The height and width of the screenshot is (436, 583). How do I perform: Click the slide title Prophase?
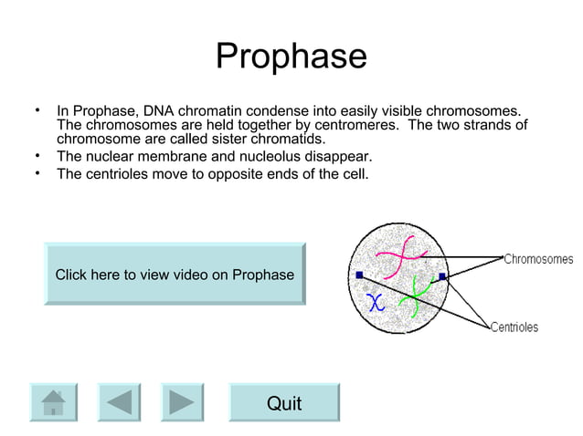pyautogui.click(x=291, y=57)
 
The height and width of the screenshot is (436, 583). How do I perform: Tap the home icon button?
pyautogui.click(x=54, y=401)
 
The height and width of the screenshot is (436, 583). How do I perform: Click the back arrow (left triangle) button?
pyautogui.click(x=119, y=401)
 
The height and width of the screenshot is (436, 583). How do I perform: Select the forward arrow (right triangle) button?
pyautogui.click(x=182, y=401)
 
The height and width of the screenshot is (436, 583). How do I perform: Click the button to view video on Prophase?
pyautogui.click(x=175, y=275)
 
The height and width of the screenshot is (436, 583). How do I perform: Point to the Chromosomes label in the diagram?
pyautogui.click(x=538, y=259)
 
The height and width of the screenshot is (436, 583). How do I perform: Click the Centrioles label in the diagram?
pyautogui.click(x=514, y=327)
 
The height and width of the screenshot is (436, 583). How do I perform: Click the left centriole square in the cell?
pyautogui.click(x=359, y=274)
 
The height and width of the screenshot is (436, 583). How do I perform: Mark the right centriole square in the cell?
pyautogui.click(x=442, y=275)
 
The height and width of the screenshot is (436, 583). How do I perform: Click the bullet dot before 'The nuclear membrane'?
pyautogui.click(x=37, y=155)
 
